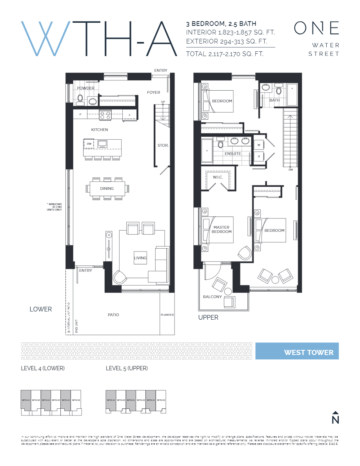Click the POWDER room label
(85, 88)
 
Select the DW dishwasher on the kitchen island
(89, 144)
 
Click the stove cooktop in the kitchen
(105, 115)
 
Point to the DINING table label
(107, 189)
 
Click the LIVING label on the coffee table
(140, 258)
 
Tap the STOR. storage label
(163, 146)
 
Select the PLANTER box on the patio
(167, 315)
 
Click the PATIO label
(113, 315)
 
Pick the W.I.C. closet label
(218, 177)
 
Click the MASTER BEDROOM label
(222, 229)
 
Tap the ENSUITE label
(233, 153)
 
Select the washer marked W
(259, 145)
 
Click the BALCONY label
(212, 297)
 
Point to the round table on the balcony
(228, 291)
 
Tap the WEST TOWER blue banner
(297, 351)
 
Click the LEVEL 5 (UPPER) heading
(127, 368)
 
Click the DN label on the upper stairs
(291, 169)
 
